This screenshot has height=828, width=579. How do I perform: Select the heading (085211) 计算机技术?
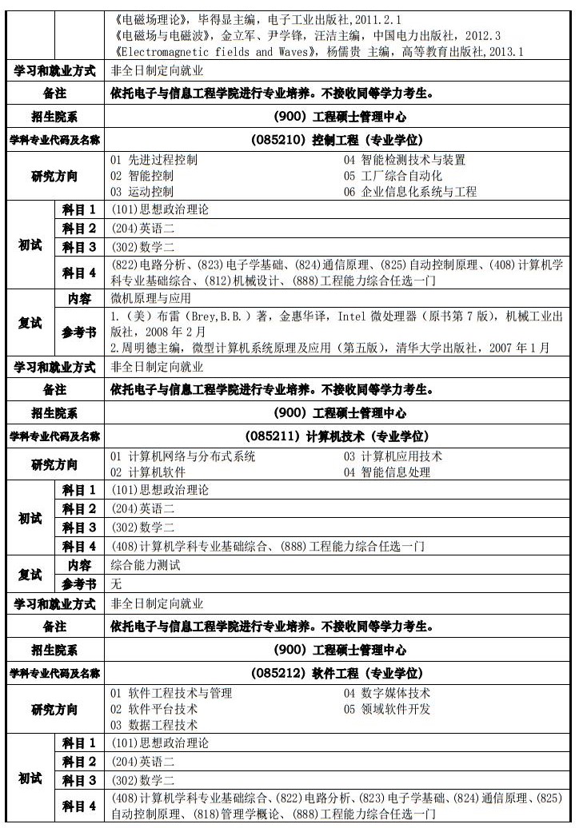point(340,436)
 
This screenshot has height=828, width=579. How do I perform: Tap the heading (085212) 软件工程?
point(340,674)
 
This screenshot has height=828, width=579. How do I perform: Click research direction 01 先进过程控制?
point(154,159)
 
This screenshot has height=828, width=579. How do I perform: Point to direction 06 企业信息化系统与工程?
point(410,192)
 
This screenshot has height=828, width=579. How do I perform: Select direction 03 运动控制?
point(142,192)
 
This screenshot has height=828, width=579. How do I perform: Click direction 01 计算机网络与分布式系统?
point(183,456)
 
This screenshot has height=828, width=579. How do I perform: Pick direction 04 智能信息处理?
point(387,472)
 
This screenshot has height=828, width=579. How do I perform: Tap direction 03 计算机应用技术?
point(393,456)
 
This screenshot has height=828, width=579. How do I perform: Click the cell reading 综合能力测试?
point(146,566)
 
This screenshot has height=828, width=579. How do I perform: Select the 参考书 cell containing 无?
point(117,584)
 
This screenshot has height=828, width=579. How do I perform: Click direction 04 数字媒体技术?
point(387,693)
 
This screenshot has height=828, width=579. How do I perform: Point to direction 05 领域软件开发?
point(387,709)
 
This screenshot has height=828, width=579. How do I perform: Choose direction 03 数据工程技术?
point(154,725)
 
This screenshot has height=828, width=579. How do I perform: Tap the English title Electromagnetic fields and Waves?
point(210,52)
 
